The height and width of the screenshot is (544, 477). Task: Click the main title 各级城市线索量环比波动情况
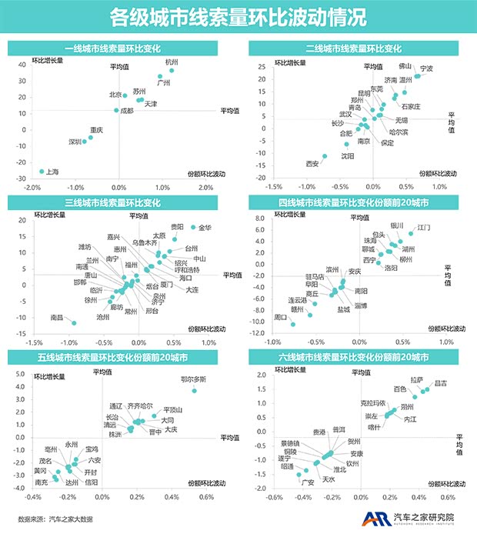tap(238, 16)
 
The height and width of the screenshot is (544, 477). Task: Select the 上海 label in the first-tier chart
tap(53, 172)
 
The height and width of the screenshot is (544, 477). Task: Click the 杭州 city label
tap(172, 62)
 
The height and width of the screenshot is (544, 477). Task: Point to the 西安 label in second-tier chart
tap(312, 164)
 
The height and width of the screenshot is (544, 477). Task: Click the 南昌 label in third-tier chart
tap(57, 317)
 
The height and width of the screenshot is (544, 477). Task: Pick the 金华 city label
tap(205, 228)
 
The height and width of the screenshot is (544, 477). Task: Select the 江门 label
tap(423, 229)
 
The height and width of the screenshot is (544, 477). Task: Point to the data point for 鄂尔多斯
tap(195, 391)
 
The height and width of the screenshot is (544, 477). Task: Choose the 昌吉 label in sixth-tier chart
tap(441, 382)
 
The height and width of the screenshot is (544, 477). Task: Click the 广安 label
tap(307, 482)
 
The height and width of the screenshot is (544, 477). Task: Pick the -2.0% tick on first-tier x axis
tap(32, 187)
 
